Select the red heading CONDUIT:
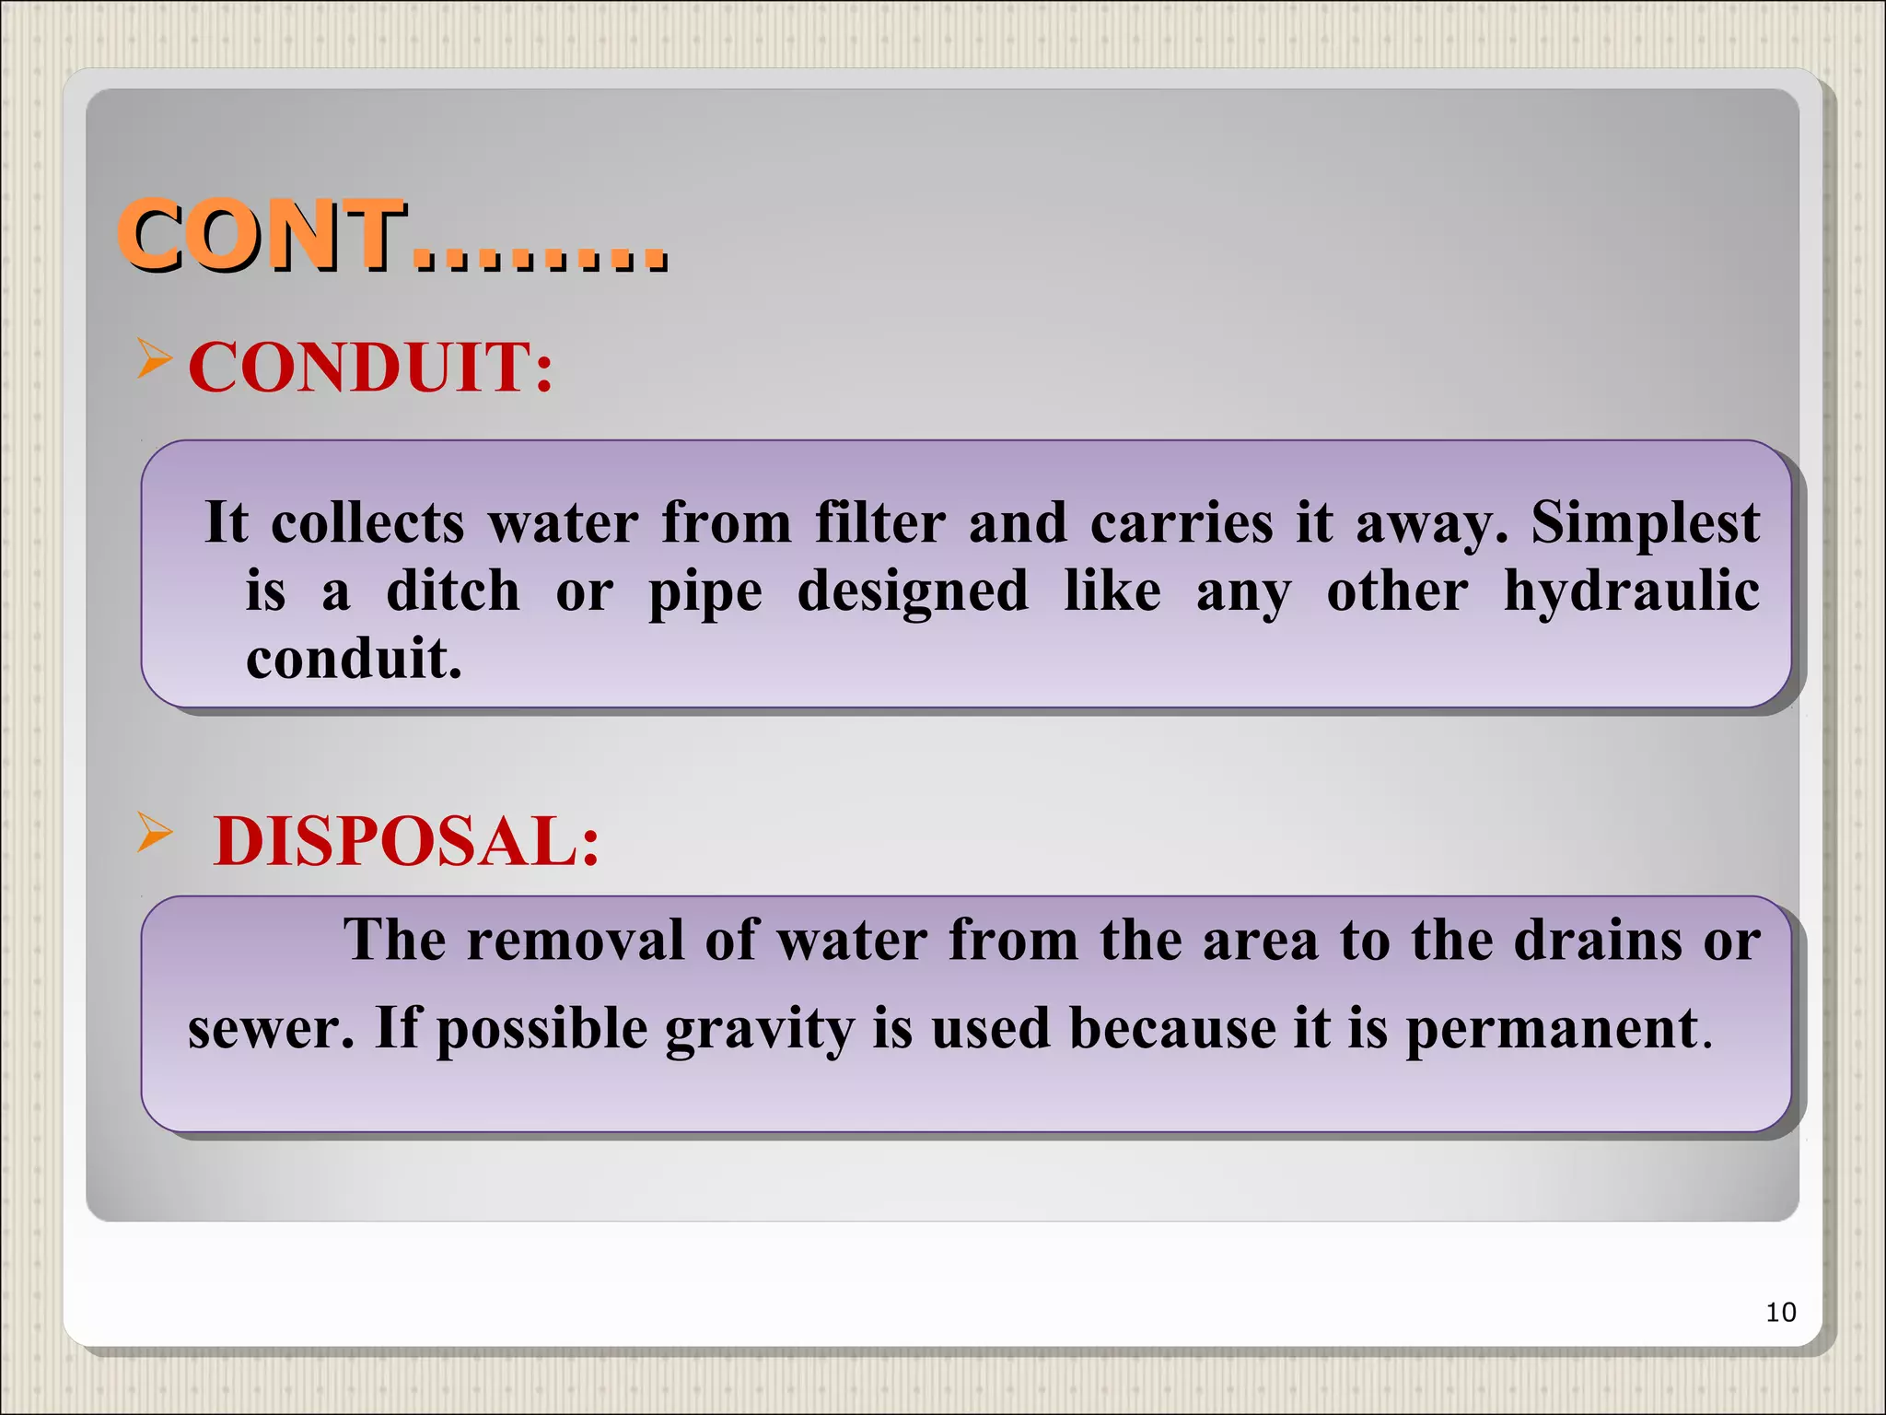(x=370, y=368)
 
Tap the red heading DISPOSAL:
(x=406, y=842)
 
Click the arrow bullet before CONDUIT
(x=154, y=357)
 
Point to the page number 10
(x=1780, y=1312)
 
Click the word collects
(x=367, y=523)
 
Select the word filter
(x=879, y=523)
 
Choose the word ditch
(x=452, y=591)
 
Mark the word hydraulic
(x=1631, y=591)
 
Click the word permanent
(x=1552, y=1029)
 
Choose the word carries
(x=1182, y=523)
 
